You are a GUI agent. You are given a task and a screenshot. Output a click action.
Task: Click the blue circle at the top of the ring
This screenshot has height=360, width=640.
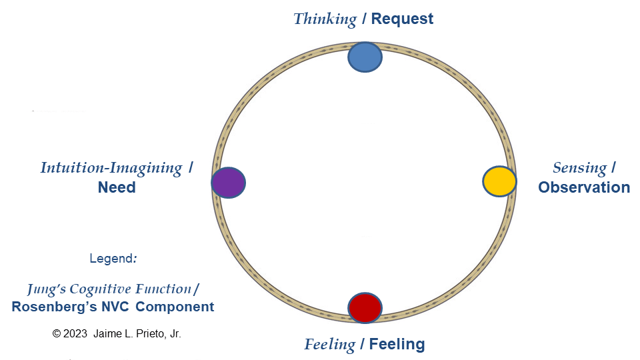pos(365,57)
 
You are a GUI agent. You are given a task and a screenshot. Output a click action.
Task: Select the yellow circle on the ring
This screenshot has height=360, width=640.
pos(499,181)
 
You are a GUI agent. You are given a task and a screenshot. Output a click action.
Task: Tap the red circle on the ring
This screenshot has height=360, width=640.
pos(365,307)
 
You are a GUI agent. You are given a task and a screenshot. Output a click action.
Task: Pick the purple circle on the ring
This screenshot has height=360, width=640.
pos(228,183)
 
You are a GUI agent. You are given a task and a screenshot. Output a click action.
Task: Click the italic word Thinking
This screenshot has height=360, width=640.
pos(325,19)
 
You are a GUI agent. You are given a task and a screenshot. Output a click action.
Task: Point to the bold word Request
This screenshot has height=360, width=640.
pos(402,19)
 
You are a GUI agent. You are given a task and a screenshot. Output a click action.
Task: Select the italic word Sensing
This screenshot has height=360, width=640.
pos(579,168)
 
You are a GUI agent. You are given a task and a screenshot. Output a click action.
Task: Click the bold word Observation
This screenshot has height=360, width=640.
pos(584,187)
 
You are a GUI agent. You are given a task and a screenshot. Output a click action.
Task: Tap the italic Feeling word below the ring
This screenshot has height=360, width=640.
pos(329,345)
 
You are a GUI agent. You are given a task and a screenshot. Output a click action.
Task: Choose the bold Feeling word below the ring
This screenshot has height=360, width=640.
pos(397,345)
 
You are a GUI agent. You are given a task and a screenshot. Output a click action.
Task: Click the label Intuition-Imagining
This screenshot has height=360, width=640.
pos(111,168)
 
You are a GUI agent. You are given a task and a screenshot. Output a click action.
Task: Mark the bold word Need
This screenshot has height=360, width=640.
pos(117,187)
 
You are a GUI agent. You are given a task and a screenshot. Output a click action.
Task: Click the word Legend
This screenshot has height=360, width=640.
pos(112,258)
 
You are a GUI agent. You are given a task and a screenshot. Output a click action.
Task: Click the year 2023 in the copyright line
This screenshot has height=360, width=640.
pos(75,333)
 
